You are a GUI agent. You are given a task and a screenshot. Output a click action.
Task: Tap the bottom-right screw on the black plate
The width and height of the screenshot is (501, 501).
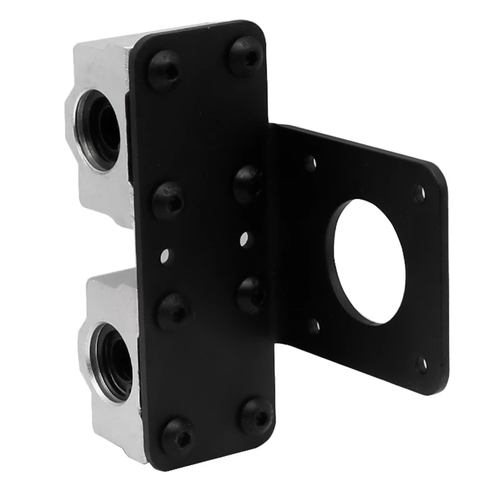click(x=257, y=414)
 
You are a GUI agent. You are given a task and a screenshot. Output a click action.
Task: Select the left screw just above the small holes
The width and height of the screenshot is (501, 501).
click(x=168, y=200)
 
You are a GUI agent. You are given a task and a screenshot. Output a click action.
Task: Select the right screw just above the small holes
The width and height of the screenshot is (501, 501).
click(x=248, y=183)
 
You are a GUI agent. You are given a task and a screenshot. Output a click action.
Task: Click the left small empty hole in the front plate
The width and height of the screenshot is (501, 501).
click(x=165, y=255)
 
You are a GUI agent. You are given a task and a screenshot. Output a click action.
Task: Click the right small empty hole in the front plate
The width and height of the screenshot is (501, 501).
click(x=245, y=238)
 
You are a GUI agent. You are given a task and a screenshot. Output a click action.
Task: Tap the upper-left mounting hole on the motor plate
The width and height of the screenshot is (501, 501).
click(x=310, y=164)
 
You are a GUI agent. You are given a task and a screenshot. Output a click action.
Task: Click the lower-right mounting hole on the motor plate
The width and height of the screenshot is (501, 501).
click(x=421, y=363)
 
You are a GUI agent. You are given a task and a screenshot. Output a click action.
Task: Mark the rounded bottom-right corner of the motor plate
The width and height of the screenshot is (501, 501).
click(x=438, y=385)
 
